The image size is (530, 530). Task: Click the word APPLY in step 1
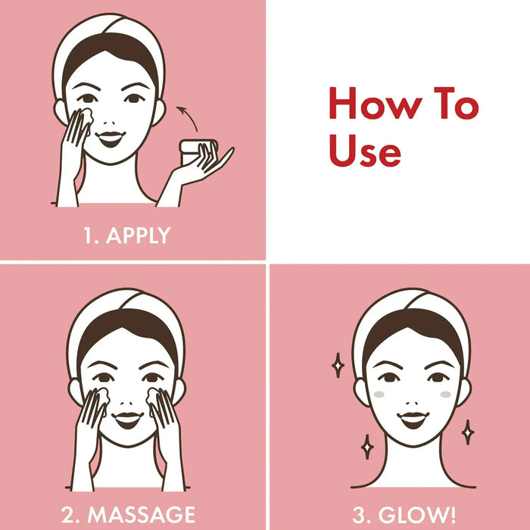click(x=139, y=235)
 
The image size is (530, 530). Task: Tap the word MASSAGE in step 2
click(x=142, y=514)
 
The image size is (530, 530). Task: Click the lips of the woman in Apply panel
click(x=111, y=139)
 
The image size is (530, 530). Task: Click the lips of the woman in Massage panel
click(x=126, y=418)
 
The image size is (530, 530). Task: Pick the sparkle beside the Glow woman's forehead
click(x=338, y=365)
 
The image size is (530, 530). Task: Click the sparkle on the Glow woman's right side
click(x=468, y=431)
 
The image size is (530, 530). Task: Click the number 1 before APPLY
click(x=88, y=235)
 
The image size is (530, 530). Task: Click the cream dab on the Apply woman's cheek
click(x=84, y=116)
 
